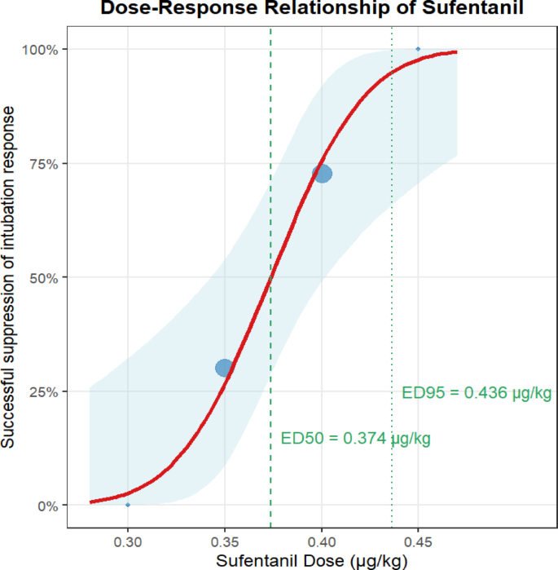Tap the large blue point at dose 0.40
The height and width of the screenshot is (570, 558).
tap(323, 174)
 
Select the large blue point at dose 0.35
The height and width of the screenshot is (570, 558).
tap(225, 368)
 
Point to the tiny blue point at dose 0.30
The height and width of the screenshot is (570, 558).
tap(128, 505)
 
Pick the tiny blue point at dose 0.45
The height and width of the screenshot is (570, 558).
tap(419, 49)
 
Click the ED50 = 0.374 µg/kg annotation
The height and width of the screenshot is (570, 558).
tap(355, 439)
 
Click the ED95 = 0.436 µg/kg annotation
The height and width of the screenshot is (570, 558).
tap(477, 393)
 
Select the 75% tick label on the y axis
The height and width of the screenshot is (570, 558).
tap(42, 164)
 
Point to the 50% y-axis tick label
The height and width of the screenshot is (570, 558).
tap(42, 278)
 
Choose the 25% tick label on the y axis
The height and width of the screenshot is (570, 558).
tap(42, 391)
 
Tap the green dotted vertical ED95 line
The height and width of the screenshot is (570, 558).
tap(392, 245)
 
